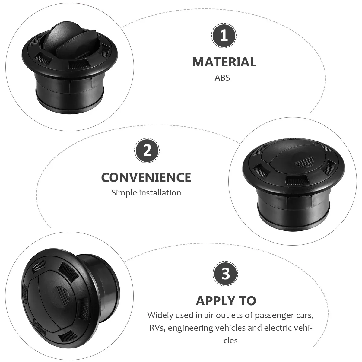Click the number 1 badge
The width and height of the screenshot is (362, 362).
[224, 36]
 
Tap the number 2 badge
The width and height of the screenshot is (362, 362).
[147, 151]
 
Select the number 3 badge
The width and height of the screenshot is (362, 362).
[225, 274]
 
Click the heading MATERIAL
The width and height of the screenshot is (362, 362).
[224, 62]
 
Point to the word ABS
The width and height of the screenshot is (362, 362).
[222, 78]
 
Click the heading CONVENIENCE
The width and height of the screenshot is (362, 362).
[146, 177]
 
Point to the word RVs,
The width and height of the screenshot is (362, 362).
[157, 328]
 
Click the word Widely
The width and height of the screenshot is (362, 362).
[160, 316]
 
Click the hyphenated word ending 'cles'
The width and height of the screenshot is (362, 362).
[230, 341]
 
